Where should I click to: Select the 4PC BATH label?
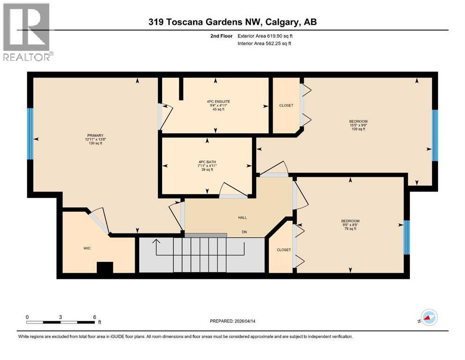pyautogui.click(x=207, y=162)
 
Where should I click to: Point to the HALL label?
pyautogui.click(x=242, y=217)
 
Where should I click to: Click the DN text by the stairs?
pyautogui.click(x=244, y=232)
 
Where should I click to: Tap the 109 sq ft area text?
pyautogui.click(x=357, y=129)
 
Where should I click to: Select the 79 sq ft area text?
pyautogui.click(x=350, y=229)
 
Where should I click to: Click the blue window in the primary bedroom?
pyautogui.click(x=30, y=134)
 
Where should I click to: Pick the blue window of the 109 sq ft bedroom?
pyautogui.click(x=435, y=135)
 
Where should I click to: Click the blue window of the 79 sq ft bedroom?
pyautogui.click(x=406, y=237)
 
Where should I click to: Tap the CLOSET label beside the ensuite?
pyautogui.click(x=286, y=105)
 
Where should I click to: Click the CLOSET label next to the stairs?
pyautogui.click(x=283, y=250)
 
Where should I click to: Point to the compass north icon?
pyautogui.click(x=428, y=318)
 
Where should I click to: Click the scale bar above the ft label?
pyautogui.click(x=61, y=322)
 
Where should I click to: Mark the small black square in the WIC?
pyautogui.click(x=104, y=267)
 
